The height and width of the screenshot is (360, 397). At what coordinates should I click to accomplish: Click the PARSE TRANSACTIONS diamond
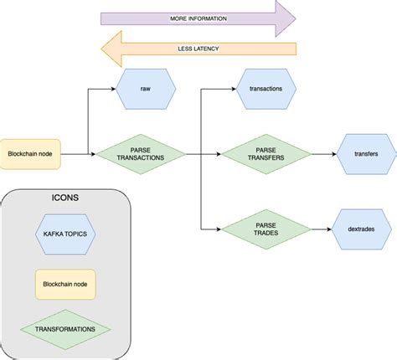click(140, 155)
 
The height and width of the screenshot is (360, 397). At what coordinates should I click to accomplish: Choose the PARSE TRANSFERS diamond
click(265, 155)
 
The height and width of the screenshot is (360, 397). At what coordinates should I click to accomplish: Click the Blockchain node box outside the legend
click(33, 155)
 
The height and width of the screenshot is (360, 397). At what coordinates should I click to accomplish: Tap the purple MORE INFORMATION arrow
click(198, 18)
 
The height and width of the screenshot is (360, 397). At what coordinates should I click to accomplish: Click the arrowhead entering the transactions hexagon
click(234, 88)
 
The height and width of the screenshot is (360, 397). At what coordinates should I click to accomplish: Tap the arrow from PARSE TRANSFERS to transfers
click(322, 155)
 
